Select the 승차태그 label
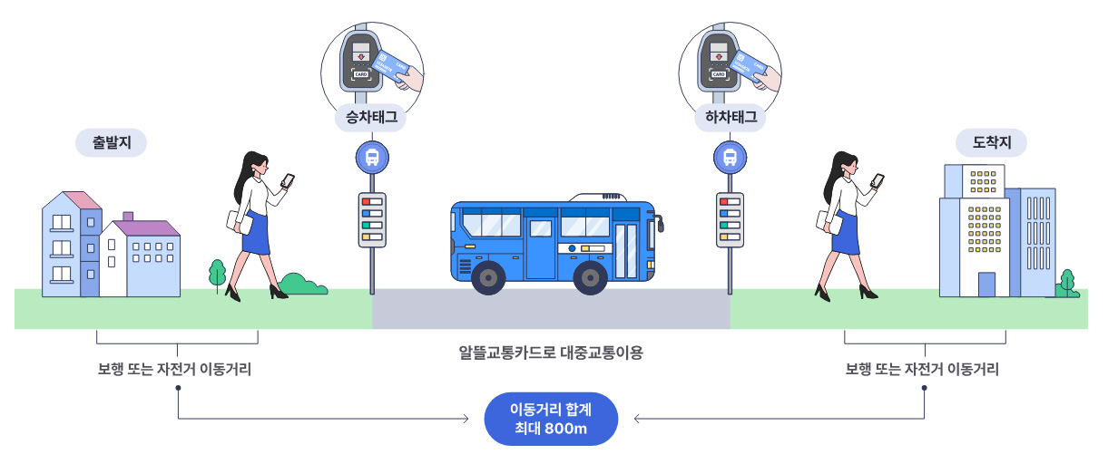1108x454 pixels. tap(372, 117)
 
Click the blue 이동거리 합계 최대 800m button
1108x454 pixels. tap(552, 419)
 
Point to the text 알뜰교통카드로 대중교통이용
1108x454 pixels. tap(551, 353)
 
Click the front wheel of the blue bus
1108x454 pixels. tap(591, 277)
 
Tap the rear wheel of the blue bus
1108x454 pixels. tap(488, 277)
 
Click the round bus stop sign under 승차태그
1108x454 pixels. tap(372, 158)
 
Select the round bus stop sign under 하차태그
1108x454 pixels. tap(730, 158)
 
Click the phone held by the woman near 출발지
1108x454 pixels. tap(289, 179)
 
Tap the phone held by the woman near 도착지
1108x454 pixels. tap(878, 179)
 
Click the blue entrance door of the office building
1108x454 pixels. tap(987, 285)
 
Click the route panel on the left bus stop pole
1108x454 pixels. tap(372, 218)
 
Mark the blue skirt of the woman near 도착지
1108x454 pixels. tap(847, 233)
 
